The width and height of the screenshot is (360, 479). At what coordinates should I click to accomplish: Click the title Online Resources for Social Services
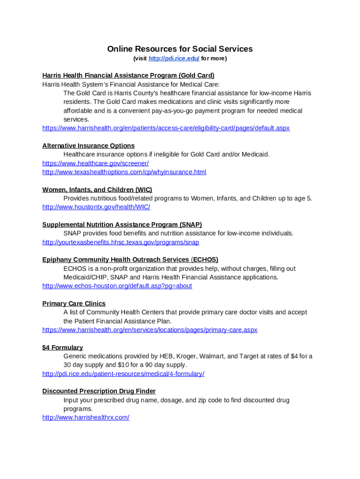pyautogui.click(x=180, y=49)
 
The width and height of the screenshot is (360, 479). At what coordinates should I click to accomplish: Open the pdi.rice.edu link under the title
pyautogui.click(x=173, y=58)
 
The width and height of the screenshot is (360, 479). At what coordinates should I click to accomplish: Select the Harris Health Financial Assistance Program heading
pyautogui.click(x=128, y=75)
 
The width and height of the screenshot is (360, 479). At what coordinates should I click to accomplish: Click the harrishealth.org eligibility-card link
pyautogui.click(x=166, y=128)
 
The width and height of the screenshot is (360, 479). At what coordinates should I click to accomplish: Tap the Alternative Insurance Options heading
pyautogui.click(x=88, y=145)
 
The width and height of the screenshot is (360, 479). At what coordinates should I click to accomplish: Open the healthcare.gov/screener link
pyautogui.click(x=95, y=163)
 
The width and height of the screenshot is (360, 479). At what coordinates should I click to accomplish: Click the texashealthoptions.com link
pyautogui.click(x=124, y=172)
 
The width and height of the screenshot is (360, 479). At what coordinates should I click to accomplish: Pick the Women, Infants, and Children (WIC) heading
pyautogui.click(x=97, y=189)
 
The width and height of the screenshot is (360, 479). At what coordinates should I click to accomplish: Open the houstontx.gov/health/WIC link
pyautogui.click(x=96, y=207)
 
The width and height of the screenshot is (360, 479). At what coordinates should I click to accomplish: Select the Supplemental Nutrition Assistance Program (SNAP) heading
pyautogui.click(x=122, y=225)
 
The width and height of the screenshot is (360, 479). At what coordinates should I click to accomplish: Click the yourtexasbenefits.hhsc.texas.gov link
pyautogui.click(x=121, y=242)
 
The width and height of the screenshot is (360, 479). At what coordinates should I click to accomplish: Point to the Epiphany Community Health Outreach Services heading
pyautogui.click(x=130, y=260)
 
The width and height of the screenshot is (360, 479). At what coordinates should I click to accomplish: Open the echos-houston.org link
pyautogui.click(x=117, y=286)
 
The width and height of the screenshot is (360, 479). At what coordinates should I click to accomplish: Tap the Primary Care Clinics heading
pyautogui.click(x=74, y=304)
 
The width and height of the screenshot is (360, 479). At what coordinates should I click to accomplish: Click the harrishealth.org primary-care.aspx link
pyautogui.click(x=150, y=330)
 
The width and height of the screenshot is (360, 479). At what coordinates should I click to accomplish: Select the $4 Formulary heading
pyautogui.click(x=63, y=348)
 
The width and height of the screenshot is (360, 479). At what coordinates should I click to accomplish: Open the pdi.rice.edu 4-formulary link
pyautogui.click(x=123, y=374)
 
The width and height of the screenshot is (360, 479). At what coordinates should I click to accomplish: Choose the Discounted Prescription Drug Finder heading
pyautogui.click(x=99, y=391)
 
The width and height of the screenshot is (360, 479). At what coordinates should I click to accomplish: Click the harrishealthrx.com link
pyautogui.click(x=86, y=417)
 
